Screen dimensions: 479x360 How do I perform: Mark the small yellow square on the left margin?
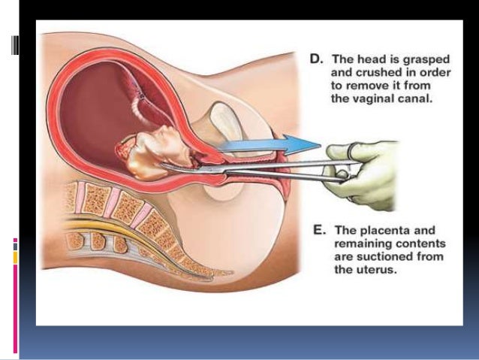(x=14, y=257)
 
